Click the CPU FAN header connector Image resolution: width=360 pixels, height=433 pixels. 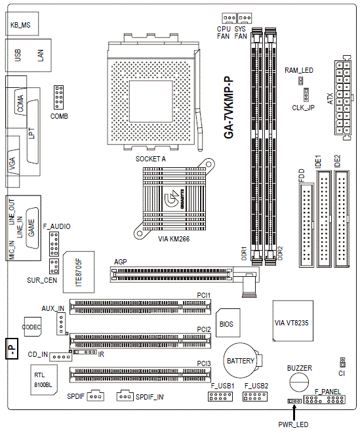coord(229,18)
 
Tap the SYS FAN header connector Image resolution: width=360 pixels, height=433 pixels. coord(245,18)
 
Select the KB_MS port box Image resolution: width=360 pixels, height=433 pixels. coord(22,24)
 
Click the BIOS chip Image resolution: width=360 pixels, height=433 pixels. coord(228,323)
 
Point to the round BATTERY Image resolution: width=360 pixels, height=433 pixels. coord(240,360)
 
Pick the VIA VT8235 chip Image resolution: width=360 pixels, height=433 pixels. coord(293,321)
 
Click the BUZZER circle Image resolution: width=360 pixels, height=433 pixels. coord(299,382)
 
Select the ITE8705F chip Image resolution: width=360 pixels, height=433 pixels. coord(79,272)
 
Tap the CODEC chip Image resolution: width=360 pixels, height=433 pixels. coord(33,327)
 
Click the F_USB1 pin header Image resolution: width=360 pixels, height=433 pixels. coord(220,396)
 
